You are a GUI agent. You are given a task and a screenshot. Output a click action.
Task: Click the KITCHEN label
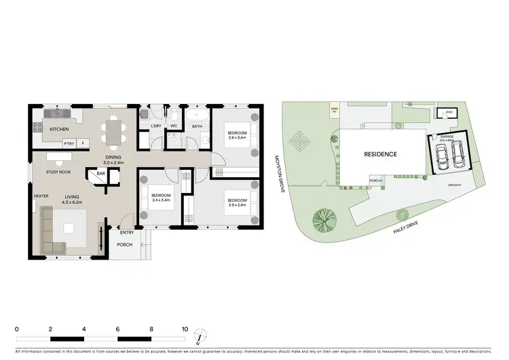coord(58,129)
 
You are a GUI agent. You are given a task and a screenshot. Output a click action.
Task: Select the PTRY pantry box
coord(69,143)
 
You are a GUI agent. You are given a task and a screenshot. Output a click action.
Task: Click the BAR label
coord(100,173)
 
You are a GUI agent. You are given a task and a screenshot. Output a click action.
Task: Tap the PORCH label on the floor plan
coord(124,245)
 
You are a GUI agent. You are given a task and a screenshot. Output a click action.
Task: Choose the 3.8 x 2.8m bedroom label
coord(236,204)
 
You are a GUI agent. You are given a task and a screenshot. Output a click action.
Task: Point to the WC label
coord(174,126)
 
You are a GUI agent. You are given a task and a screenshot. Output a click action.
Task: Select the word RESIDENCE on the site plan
coord(381,154)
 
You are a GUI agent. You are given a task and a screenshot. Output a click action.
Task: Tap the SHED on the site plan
coord(449,113)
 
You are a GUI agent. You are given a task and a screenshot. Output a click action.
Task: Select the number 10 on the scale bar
coord(184,329)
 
